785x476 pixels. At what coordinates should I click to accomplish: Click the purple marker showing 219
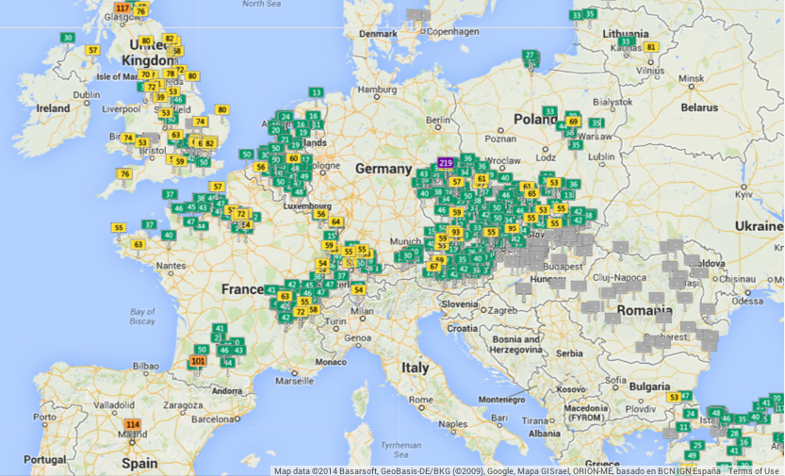pyautogui.click(x=446, y=162)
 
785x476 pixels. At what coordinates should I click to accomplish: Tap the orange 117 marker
pyautogui.click(x=122, y=8)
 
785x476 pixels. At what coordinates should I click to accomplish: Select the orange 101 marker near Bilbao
pyautogui.click(x=198, y=361)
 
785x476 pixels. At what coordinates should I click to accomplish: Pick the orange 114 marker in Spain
pyautogui.click(x=133, y=425)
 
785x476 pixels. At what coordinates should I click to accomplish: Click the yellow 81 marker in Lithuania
pyautogui.click(x=650, y=47)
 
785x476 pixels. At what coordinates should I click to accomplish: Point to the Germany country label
pyautogui.click(x=384, y=169)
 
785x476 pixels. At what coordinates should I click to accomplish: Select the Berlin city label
pyautogui.click(x=438, y=121)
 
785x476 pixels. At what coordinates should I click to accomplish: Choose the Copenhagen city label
pyautogui.click(x=448, y=31)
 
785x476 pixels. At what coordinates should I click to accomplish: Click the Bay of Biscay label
pyautogui.click(x=142, y=316)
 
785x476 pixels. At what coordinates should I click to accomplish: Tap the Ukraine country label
pyautogui.click(x=759, y=227)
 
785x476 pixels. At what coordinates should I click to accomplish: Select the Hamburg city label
pyautogui.click(x=376, y=90)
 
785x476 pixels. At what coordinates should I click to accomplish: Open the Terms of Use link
pyautogui.click(x=754, y=470)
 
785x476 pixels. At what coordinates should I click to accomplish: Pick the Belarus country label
pyautogui.click(x=699, y=107)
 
